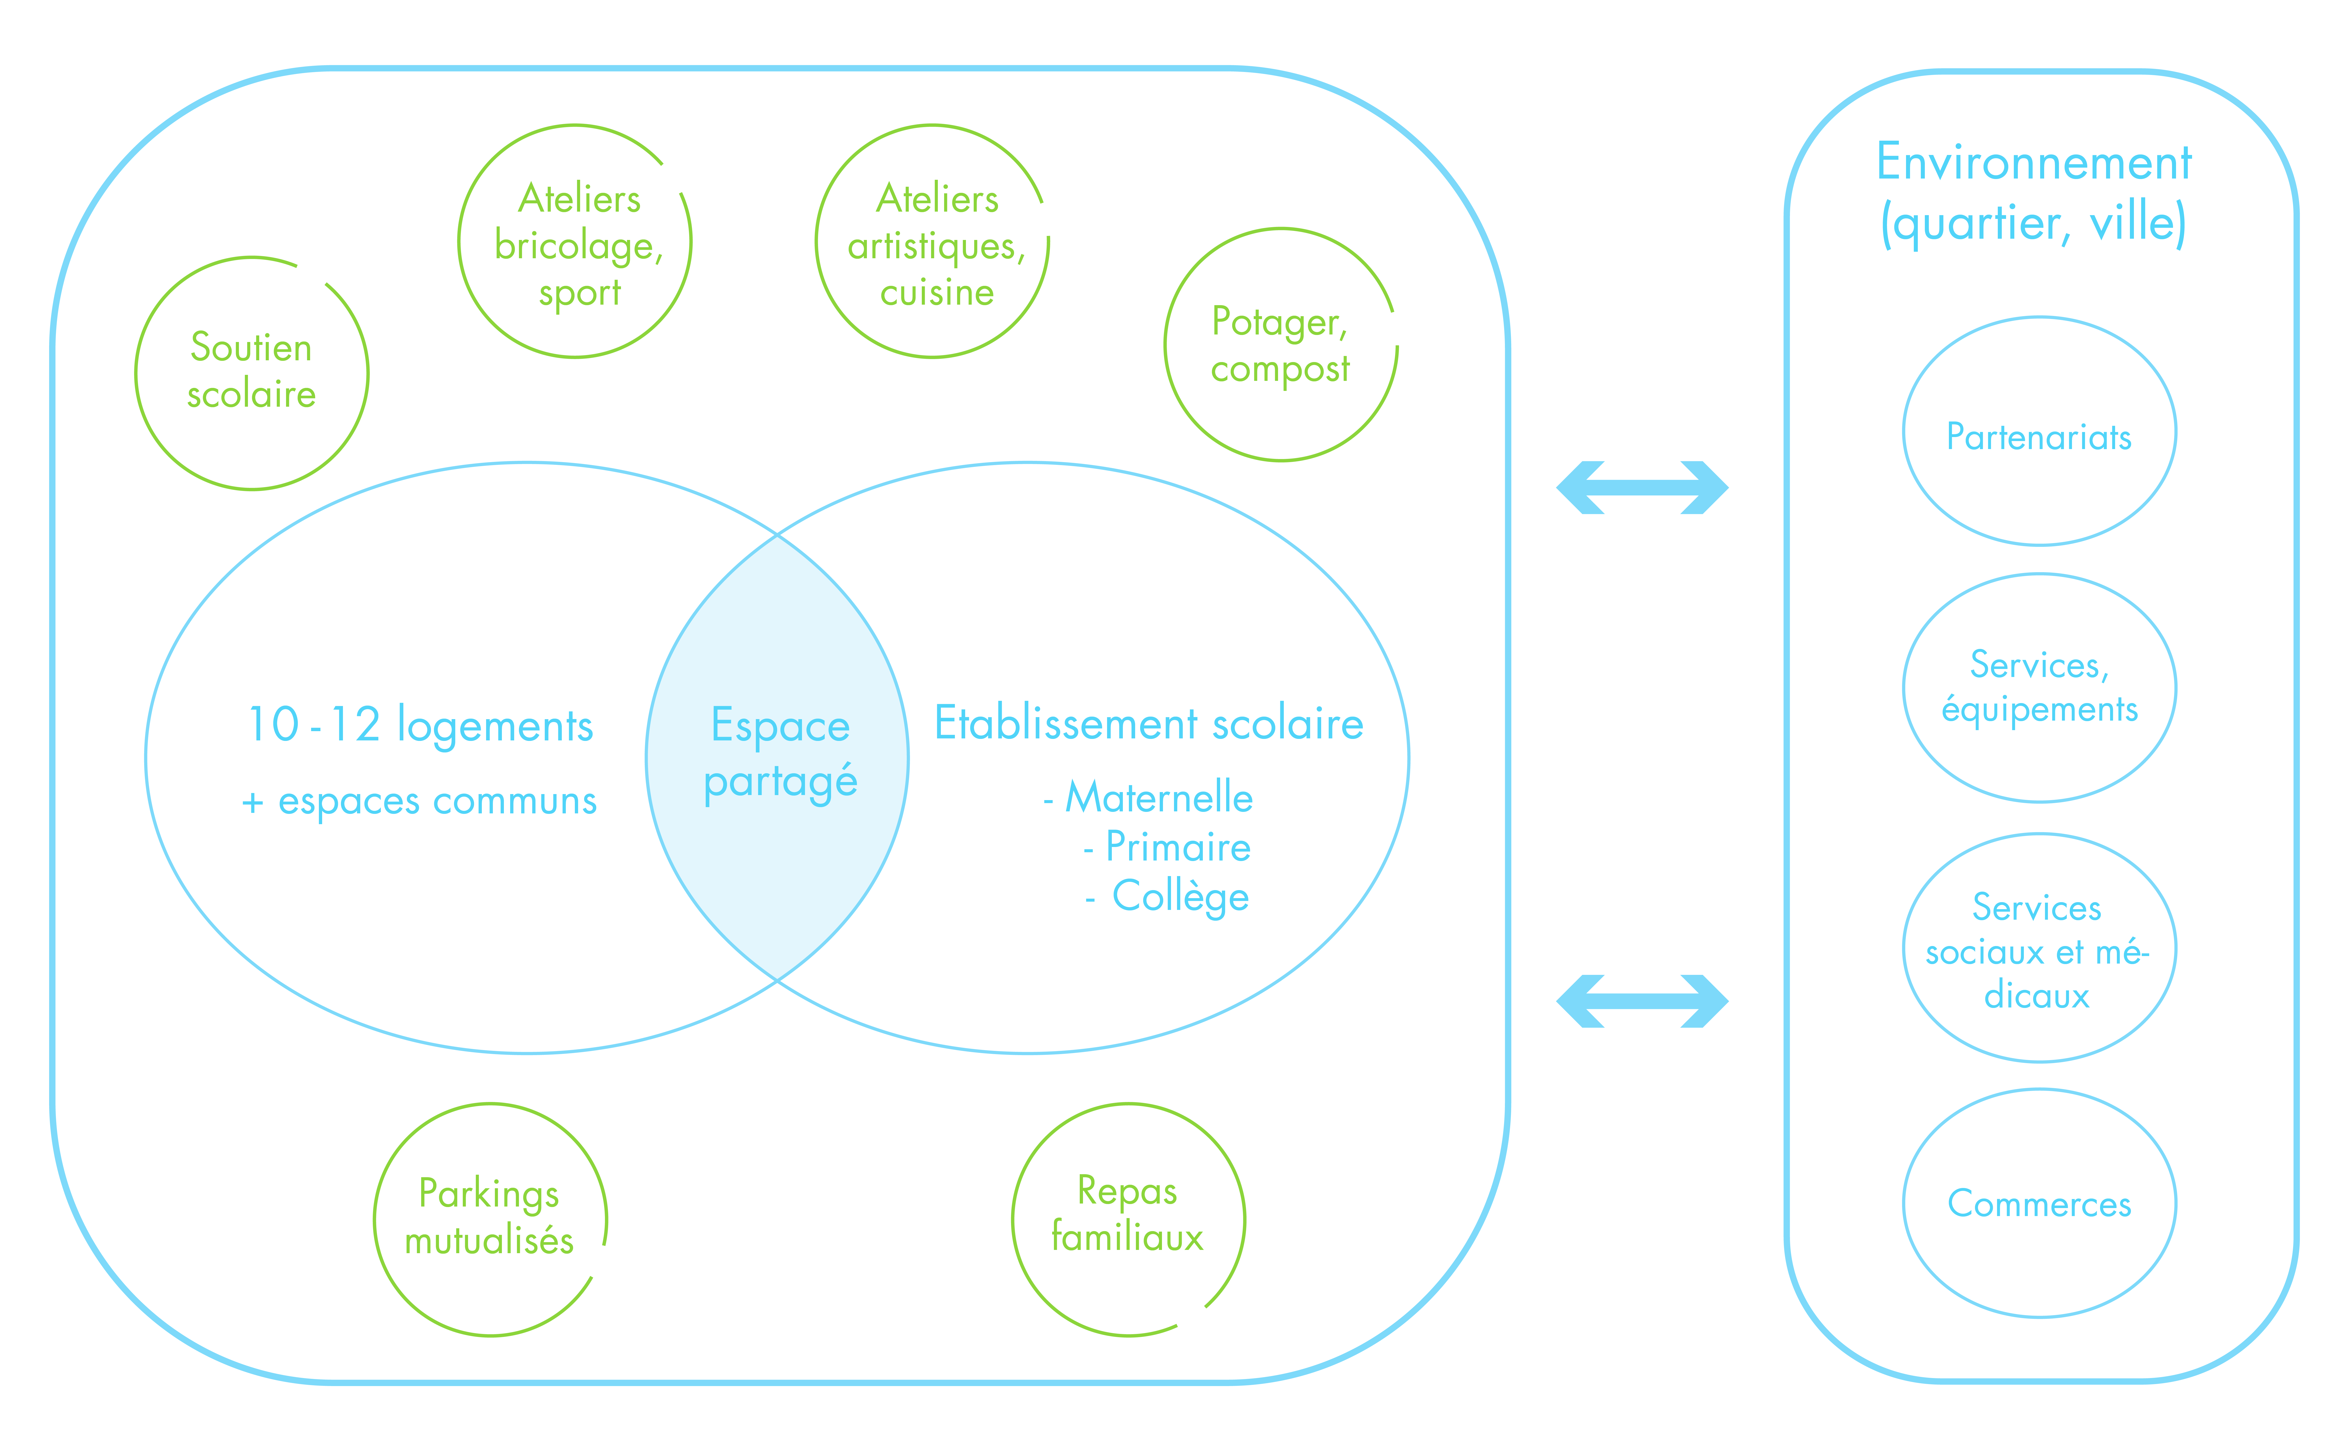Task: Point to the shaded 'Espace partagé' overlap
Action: [777, 758]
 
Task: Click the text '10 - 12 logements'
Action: [420, 725]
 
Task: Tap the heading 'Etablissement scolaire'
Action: [1149, 724]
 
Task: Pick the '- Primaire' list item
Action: [1167, 846]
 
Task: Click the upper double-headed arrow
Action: [1642, 487]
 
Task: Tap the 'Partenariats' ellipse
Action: [1904, 432]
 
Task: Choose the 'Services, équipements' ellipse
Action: [1904, 688]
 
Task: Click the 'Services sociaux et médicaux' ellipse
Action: [1904, 948]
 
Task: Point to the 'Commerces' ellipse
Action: [1904, 1204]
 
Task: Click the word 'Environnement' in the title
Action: [2034, 161]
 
